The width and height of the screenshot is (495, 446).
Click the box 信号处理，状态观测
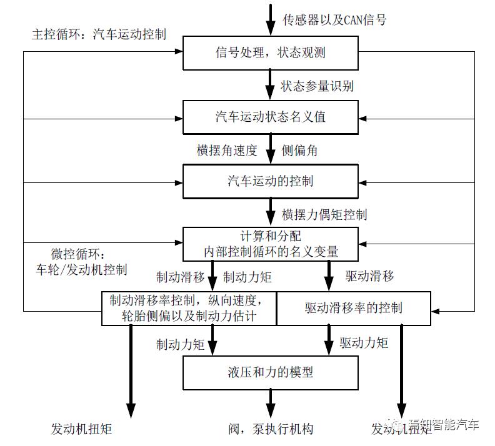pyautogui.click(x=270, y=52)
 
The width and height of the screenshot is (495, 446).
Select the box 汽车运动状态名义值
pyautogui.click(x=270, y=117)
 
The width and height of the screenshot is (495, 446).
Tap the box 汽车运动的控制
pyautogui.click(x=270, y=181)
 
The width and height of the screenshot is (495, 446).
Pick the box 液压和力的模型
pyautogui.click(x=270, y=373)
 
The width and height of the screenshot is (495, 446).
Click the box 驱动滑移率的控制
pyautogui.click(x=354, y=308)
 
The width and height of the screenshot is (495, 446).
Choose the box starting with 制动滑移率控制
pyautogui.click(x=189, y=308)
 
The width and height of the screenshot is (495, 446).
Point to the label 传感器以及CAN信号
pyautogui.click(x=334, y=19)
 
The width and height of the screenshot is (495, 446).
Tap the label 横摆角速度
pyautogui.click(x=226, y=150)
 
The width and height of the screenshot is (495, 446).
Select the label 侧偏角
pyautogui.click(x=302, y=150)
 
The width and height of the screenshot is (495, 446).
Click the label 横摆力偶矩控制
pyautogui.click(x=324, y=214)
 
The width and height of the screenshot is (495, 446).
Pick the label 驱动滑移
pyautogui.click(x=369, y=275)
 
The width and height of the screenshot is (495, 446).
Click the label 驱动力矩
pyautogui.click(x=364, y=342)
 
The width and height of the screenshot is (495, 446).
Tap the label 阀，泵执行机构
pyautogui.click(x=270, y=429)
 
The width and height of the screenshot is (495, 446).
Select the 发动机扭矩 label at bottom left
pyautogui.click(x=81, y=429)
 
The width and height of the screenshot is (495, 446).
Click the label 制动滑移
pyautogui.click(x=181, y=275)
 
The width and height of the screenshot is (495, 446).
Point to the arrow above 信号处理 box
pyautogui.click(x=270, y=19)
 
